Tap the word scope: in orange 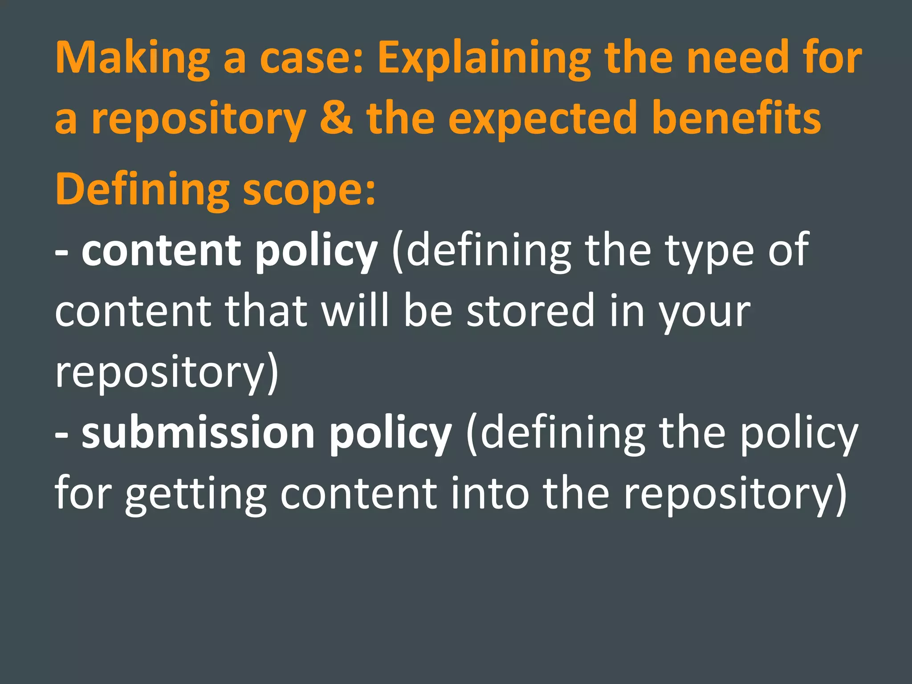tap(309, 190)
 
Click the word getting tap(195, 494)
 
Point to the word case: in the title tap(312, 58)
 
